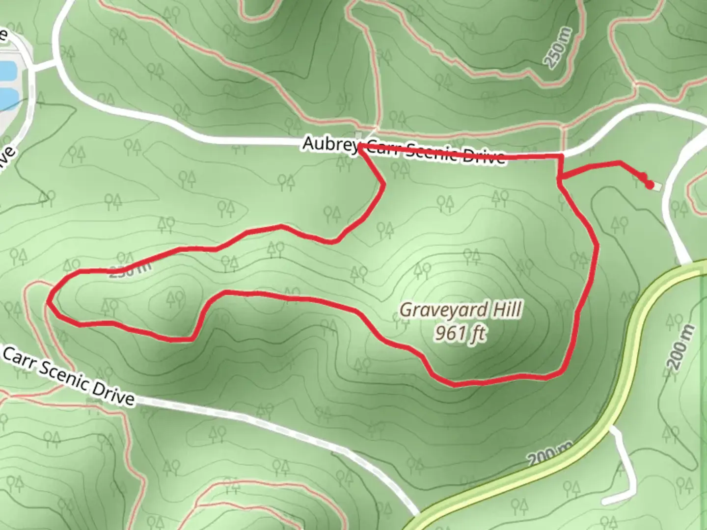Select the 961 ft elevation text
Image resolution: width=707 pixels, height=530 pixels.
click(461, 334)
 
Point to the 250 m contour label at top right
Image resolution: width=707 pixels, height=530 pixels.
click(558, 48)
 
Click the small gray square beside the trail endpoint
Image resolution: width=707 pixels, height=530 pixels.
click(657, 186)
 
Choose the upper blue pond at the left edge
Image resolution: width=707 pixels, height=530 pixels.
click(6, 71)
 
